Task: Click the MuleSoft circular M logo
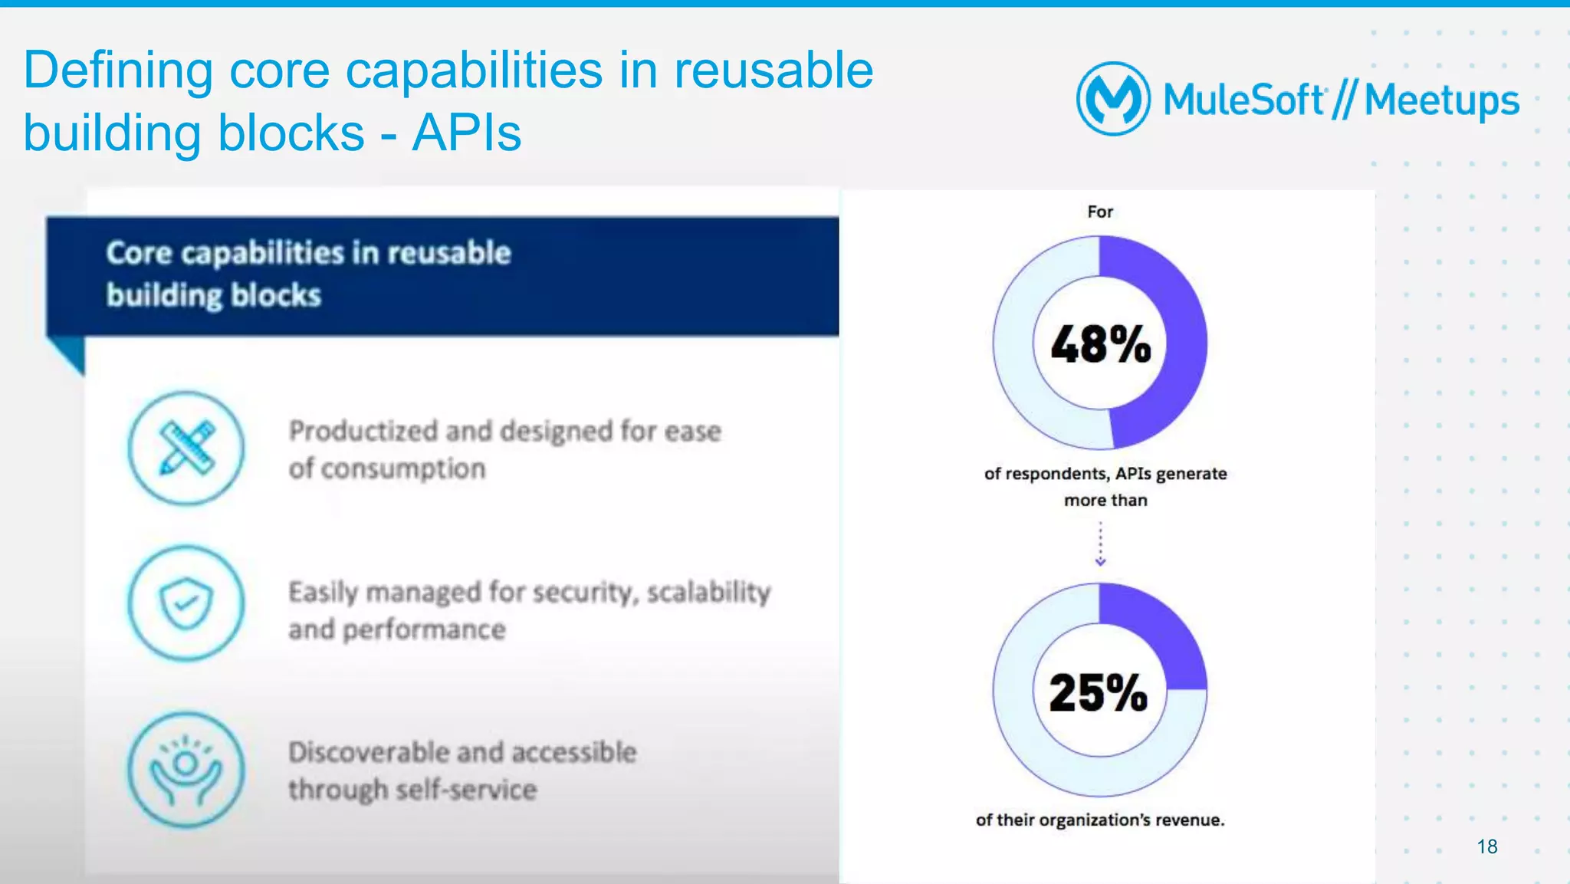[1113, 99]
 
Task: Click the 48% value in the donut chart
[1100, 344]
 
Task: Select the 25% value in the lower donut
[1099, 693]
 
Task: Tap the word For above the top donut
[1100, 212]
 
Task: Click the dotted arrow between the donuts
[1100, 544]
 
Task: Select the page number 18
[1486, 846]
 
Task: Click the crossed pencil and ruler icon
[186, 449]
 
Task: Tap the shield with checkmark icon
[186, 603]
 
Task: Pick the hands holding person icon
[186, 770]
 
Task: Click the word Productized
[363, 432]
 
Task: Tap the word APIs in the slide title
[466, 133]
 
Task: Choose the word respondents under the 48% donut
[1056, 474]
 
